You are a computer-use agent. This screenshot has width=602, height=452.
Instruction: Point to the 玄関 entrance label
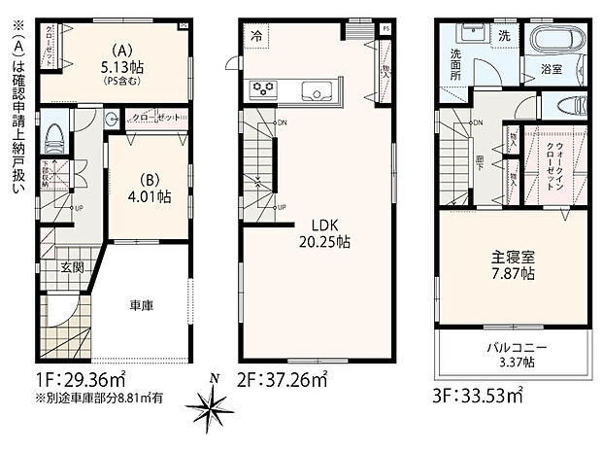[72, 266]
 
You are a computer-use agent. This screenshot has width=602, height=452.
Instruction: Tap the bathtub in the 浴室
[556, 42]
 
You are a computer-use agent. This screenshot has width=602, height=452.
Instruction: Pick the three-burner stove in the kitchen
[264, 90]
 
